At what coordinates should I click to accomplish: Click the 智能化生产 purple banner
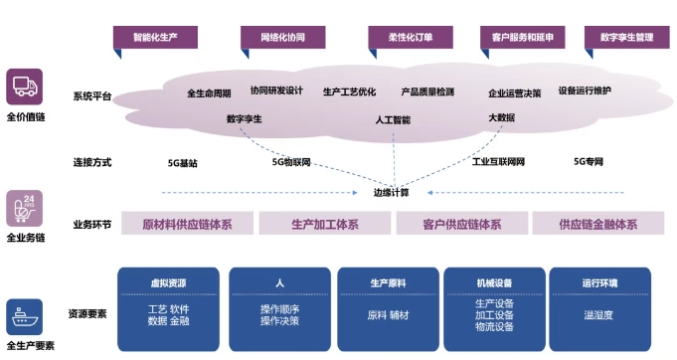[x=156, y=37]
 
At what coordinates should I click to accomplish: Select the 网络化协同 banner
[x=282, y=37]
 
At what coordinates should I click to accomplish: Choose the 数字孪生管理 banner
[x=626, y=37]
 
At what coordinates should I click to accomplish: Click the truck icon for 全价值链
[x=24, y=87]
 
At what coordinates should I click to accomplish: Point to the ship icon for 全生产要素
[x=24, y=317]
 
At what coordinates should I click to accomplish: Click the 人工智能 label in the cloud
[x=394, y=119]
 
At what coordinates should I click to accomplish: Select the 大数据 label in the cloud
[x=501, y=117]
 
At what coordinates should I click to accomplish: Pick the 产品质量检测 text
[x=427, y=91]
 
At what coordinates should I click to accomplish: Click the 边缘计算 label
[x=391, y=192]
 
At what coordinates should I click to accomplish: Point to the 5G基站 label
[x=183, y=161]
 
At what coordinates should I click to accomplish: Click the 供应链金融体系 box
[x=597, y=224]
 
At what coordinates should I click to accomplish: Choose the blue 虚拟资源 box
[x=169, y=309]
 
